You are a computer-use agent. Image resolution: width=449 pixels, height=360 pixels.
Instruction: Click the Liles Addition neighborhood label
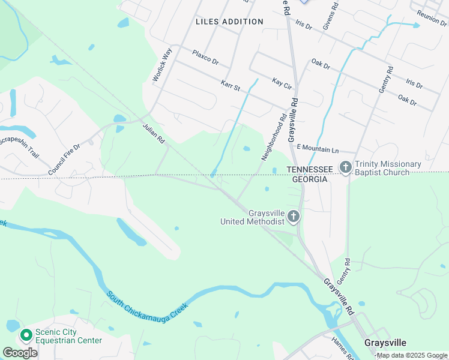(x=229, y=22)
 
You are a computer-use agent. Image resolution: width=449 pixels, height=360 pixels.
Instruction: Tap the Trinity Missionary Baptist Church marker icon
(x=346, y=167)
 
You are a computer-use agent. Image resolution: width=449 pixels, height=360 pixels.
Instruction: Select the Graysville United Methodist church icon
(x=294, y=216)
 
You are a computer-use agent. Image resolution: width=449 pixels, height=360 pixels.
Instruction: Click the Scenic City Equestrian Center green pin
(x=26, y=335)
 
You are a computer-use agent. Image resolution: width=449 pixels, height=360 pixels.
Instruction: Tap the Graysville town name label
(x=385, y=343)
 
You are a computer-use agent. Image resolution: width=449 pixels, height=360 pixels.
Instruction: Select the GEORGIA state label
(x=309, y=179)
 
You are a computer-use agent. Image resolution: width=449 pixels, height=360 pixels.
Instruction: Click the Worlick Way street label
(x=162, y=64)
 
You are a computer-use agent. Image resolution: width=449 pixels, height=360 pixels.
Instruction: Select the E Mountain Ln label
(x=318, y=148)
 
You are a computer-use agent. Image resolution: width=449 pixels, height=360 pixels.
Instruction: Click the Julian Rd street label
(x=153, y=133)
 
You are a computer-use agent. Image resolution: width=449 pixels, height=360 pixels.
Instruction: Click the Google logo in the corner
(x=20, y=352)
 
